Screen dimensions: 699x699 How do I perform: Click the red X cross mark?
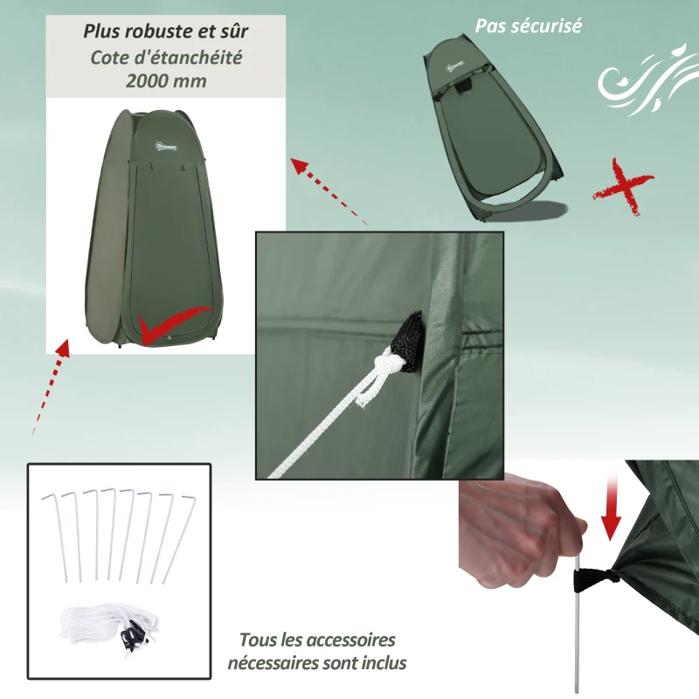[621, 186]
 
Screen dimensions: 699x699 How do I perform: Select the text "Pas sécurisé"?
[528, 25]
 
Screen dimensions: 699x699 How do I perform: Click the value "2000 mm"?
[166, 80]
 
